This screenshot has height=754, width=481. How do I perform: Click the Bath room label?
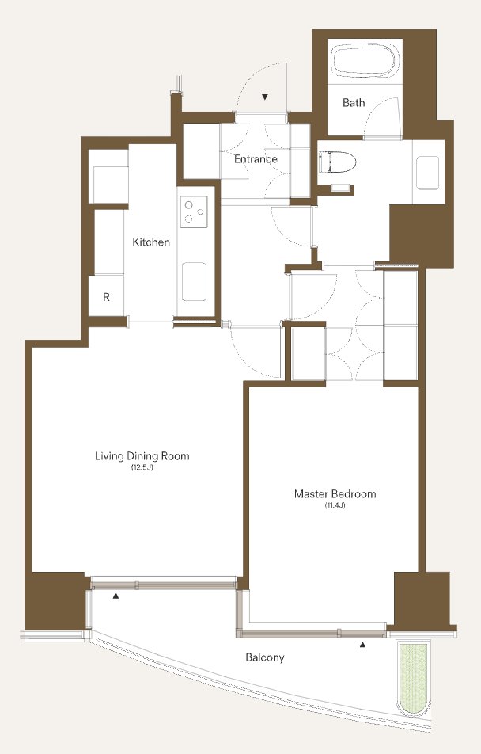click(x=354, y=102)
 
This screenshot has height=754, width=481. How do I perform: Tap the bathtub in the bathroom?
click(x=365, y=60)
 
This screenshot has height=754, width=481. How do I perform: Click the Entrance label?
click(x=256, y=158)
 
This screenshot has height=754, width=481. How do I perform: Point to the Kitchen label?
click(x=151, y=242)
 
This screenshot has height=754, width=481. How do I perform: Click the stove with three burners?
click(x=194, y=211)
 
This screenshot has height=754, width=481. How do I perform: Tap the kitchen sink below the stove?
click(x=194, y=282)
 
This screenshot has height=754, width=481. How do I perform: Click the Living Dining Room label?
click(x=142, y=456)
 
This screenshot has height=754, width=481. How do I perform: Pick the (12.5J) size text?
click(x=142, y=467)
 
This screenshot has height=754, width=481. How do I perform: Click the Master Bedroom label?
click(x=335, y=494)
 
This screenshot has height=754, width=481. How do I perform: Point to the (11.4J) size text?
click(x=335, y=505)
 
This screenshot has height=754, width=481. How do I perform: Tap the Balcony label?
click(x=265, y=657)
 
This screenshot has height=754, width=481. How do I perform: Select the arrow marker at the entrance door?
click(x=265, y=97)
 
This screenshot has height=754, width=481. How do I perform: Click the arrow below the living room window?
click(x=116, y=596)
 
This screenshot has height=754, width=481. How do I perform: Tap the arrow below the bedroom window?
click(x=363, y=645)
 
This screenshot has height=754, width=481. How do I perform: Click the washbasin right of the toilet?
click(x=427, y=173)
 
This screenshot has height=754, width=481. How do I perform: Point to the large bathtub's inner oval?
click(x=365, y=60)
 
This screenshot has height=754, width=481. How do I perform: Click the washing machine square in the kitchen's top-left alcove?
click(x=110, y=185)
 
